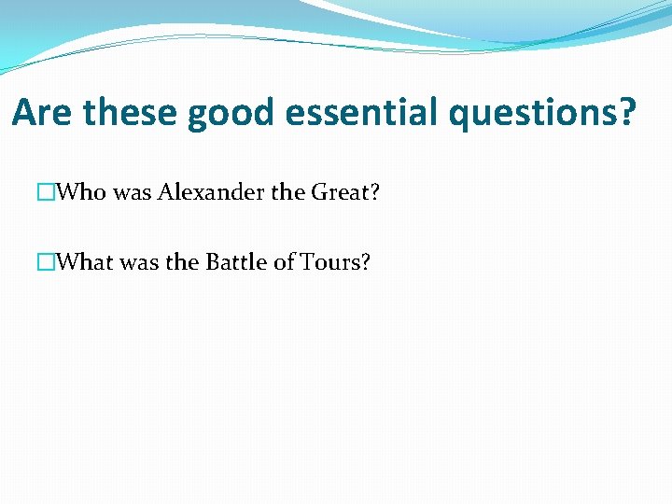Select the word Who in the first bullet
(81, 193)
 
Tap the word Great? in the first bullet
(345, 193)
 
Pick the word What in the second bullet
(85, 262)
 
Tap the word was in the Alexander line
(132, 193)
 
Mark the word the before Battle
(182, 262)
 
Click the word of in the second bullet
(285, 262)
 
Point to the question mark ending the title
(627, 113)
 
